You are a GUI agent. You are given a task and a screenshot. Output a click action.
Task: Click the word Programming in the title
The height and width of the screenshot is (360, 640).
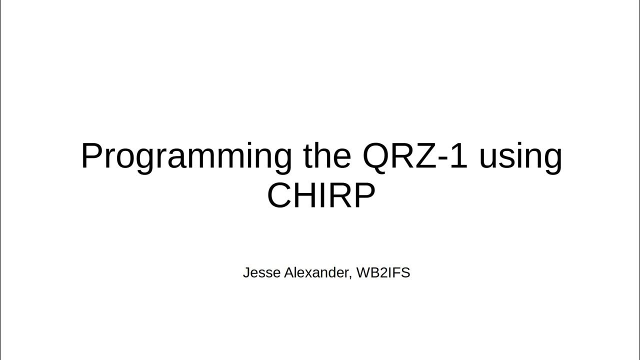(186, 157)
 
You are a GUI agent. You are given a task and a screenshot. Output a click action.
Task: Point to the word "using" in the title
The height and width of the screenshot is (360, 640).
(520, 157)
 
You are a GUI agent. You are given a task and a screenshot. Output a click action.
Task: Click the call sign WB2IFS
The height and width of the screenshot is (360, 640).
(383, 273)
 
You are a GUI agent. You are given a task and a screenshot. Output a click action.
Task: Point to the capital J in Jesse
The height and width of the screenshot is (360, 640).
(246, 273)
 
